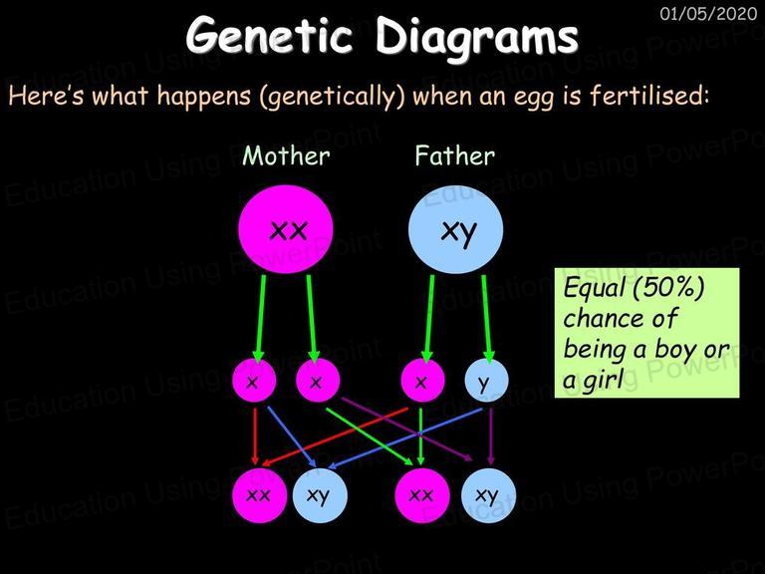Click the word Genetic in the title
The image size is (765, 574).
269,36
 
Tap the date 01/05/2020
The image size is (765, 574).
708,14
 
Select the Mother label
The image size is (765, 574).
287,156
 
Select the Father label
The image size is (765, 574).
454,156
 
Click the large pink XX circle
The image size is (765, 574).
286,229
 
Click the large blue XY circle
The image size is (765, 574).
455,229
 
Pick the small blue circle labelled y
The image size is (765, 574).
486,381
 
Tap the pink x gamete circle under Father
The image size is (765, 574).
422,381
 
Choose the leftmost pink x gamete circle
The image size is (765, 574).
254,381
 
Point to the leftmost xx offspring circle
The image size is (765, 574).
260,495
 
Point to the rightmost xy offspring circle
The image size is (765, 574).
488,495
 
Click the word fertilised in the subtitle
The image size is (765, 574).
648,95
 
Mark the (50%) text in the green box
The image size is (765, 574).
668,288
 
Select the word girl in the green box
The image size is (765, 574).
603,379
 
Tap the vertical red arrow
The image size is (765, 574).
255,436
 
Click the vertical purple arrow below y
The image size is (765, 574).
491,436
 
